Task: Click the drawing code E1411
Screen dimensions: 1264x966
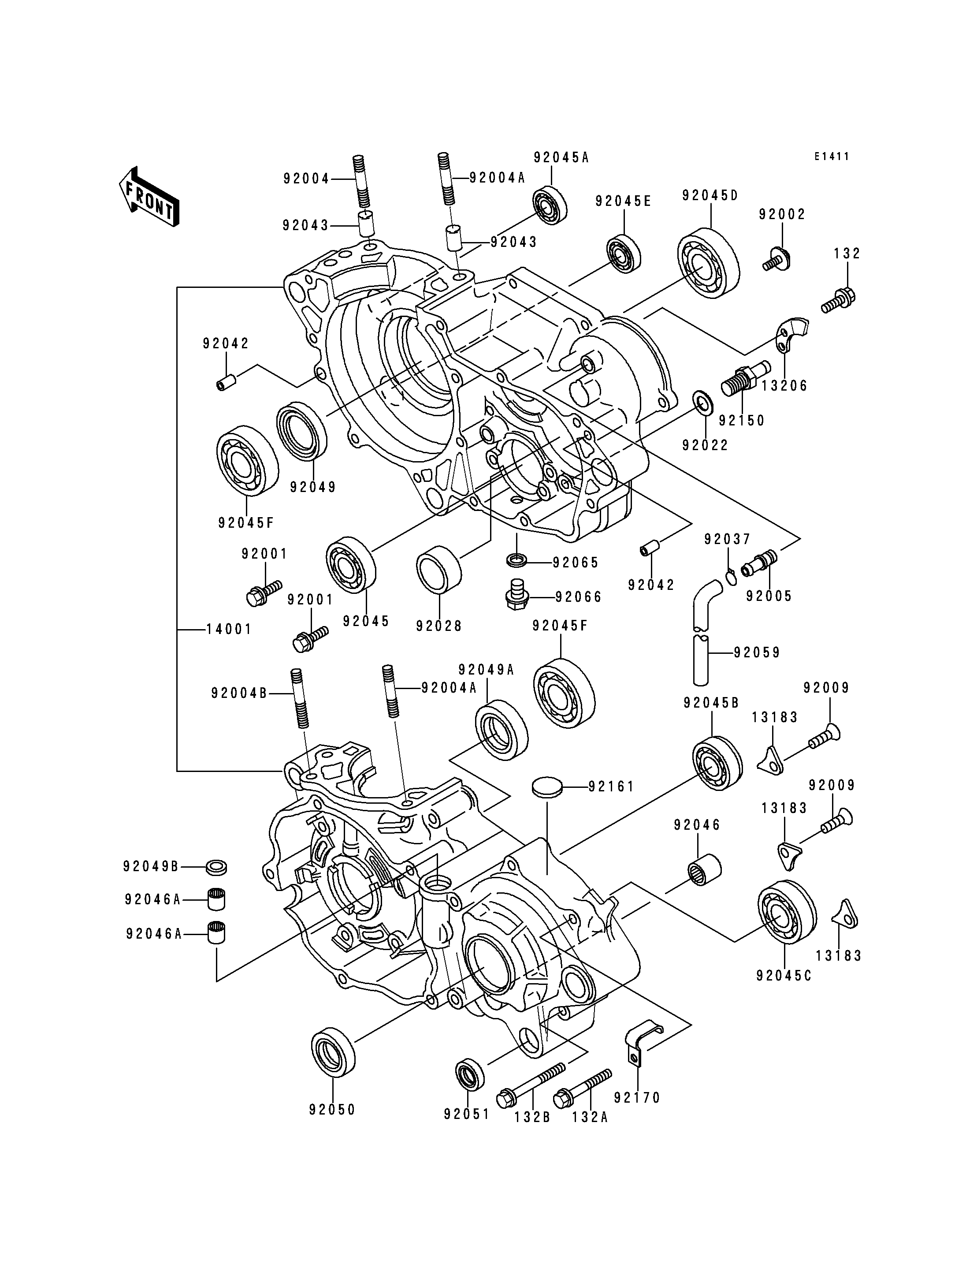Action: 832,157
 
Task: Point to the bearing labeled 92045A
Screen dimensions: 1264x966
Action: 550,205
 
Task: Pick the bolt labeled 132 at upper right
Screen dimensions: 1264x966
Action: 840,300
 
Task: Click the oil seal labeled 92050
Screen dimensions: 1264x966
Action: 334,1051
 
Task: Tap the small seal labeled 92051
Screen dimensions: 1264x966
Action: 470,1074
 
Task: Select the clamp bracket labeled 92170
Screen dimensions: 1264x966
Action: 639,1043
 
